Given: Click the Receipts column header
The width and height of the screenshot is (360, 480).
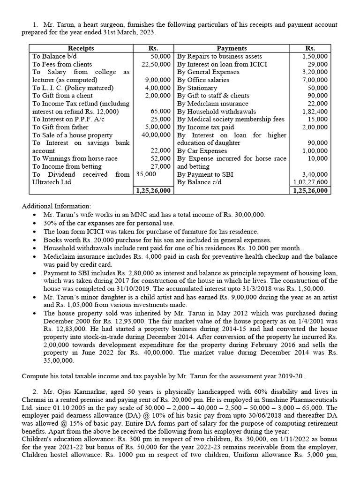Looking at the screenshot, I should pyautogui.click(x=81, y=48).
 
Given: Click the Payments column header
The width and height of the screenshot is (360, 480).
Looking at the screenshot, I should pyautogui.click(x=232, y=48).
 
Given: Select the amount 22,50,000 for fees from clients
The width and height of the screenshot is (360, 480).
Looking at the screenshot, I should pyautogui.click(x=157, y=64).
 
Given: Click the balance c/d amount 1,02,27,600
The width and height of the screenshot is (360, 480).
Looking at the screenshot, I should pyautogui.click(x=310, y=182).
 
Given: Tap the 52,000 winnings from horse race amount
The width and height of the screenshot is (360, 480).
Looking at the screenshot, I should pyautogui.click(x=161, y=159).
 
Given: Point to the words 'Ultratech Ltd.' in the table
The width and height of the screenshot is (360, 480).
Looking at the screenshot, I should pyautogui.click(x=52, y=182).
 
